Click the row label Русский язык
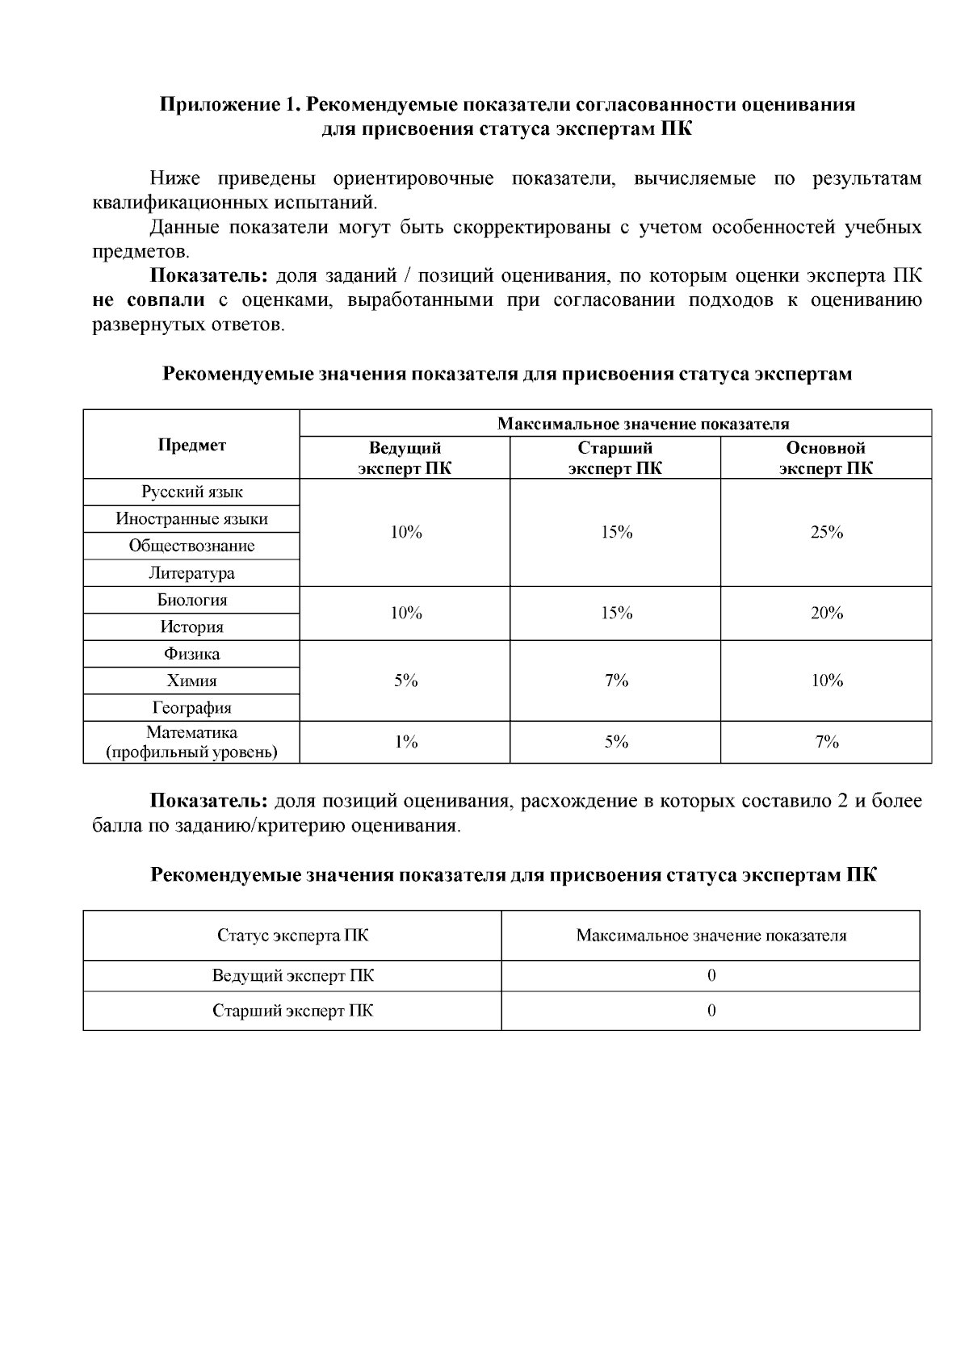pyautogui.click(x=192, y=492)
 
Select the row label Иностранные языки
pyautogui.click(x=192, y=519)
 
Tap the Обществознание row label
pyautogui.click(x=192, y=546)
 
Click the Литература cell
pyautogui.click(x=192, y=573)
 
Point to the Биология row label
pyautogui.click(x=192, y=600)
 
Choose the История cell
pyautogui.click(x=192, y=627)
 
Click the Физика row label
pyautogui.click(x=192, y=654)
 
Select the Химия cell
pyautogui.click(x=192, y=681)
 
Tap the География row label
pyautogui.click(x=192, y=708)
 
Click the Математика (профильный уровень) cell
pyautogui.click(x=192, y=743)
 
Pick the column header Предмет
pyautogui.click(x=192, y=445)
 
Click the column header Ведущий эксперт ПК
pyautogui.click(x=405, y=458)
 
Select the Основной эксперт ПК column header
pyautogui.click(x=826, y=458)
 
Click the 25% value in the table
pyautogui.click(x=827, y=532)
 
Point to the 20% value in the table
pyautogui.click(x=827, y=614)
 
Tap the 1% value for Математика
pyautogui.click(x=406, y=742)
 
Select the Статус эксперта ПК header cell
pyautogui.click(x=292, y=936)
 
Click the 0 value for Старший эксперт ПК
pyautogui.click(x=711, y=1011)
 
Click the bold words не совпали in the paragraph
pyautogui.click(x=149, y=301)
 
